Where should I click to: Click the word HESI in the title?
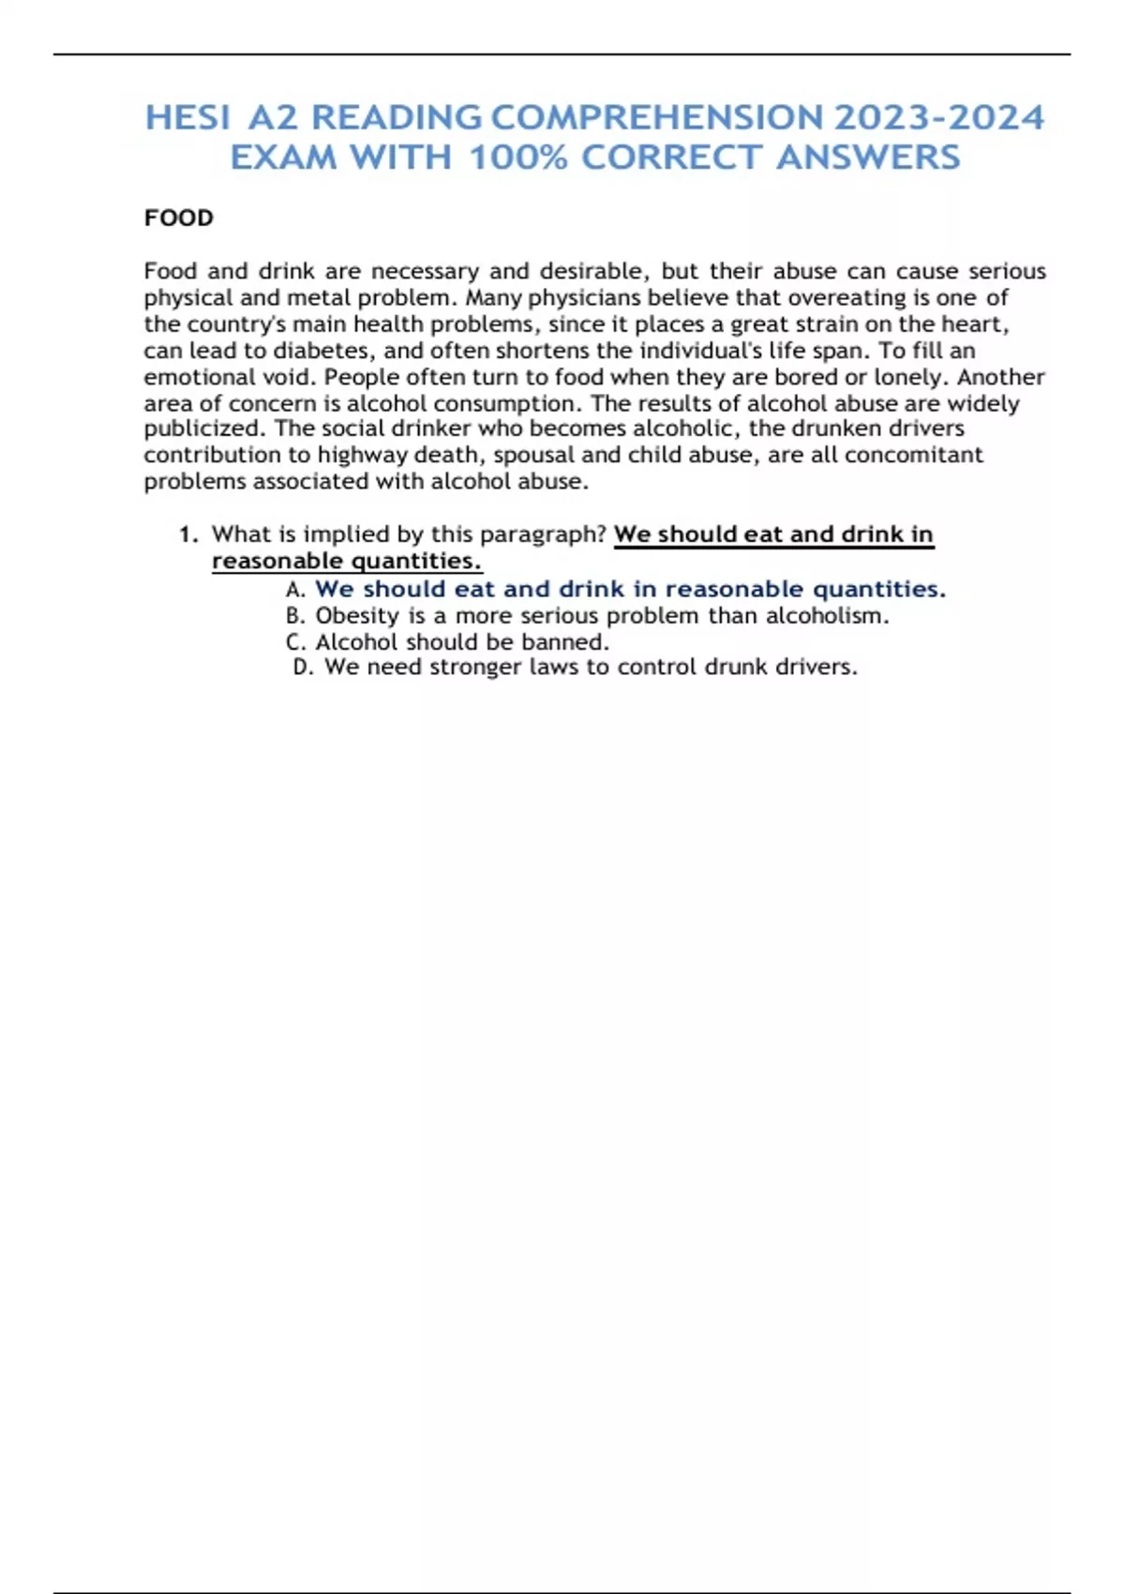(187, 118)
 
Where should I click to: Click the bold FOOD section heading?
(179, 218)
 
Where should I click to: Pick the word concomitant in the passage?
(914, 455)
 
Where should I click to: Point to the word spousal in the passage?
(534, 455)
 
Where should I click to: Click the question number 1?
(188, 534)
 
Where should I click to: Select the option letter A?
(294, 590)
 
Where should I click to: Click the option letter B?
(294, 616)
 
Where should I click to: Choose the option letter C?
(294, 642)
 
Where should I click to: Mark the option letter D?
(302, 668)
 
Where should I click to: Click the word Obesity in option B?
(357, 616)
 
